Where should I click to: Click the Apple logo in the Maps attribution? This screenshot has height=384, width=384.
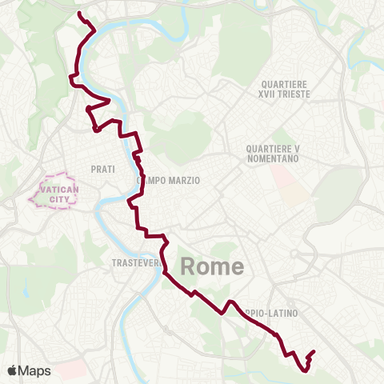pos(13,370)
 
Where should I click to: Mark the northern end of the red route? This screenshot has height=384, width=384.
pos(78,14)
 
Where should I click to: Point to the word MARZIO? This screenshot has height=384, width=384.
pos(182,180)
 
